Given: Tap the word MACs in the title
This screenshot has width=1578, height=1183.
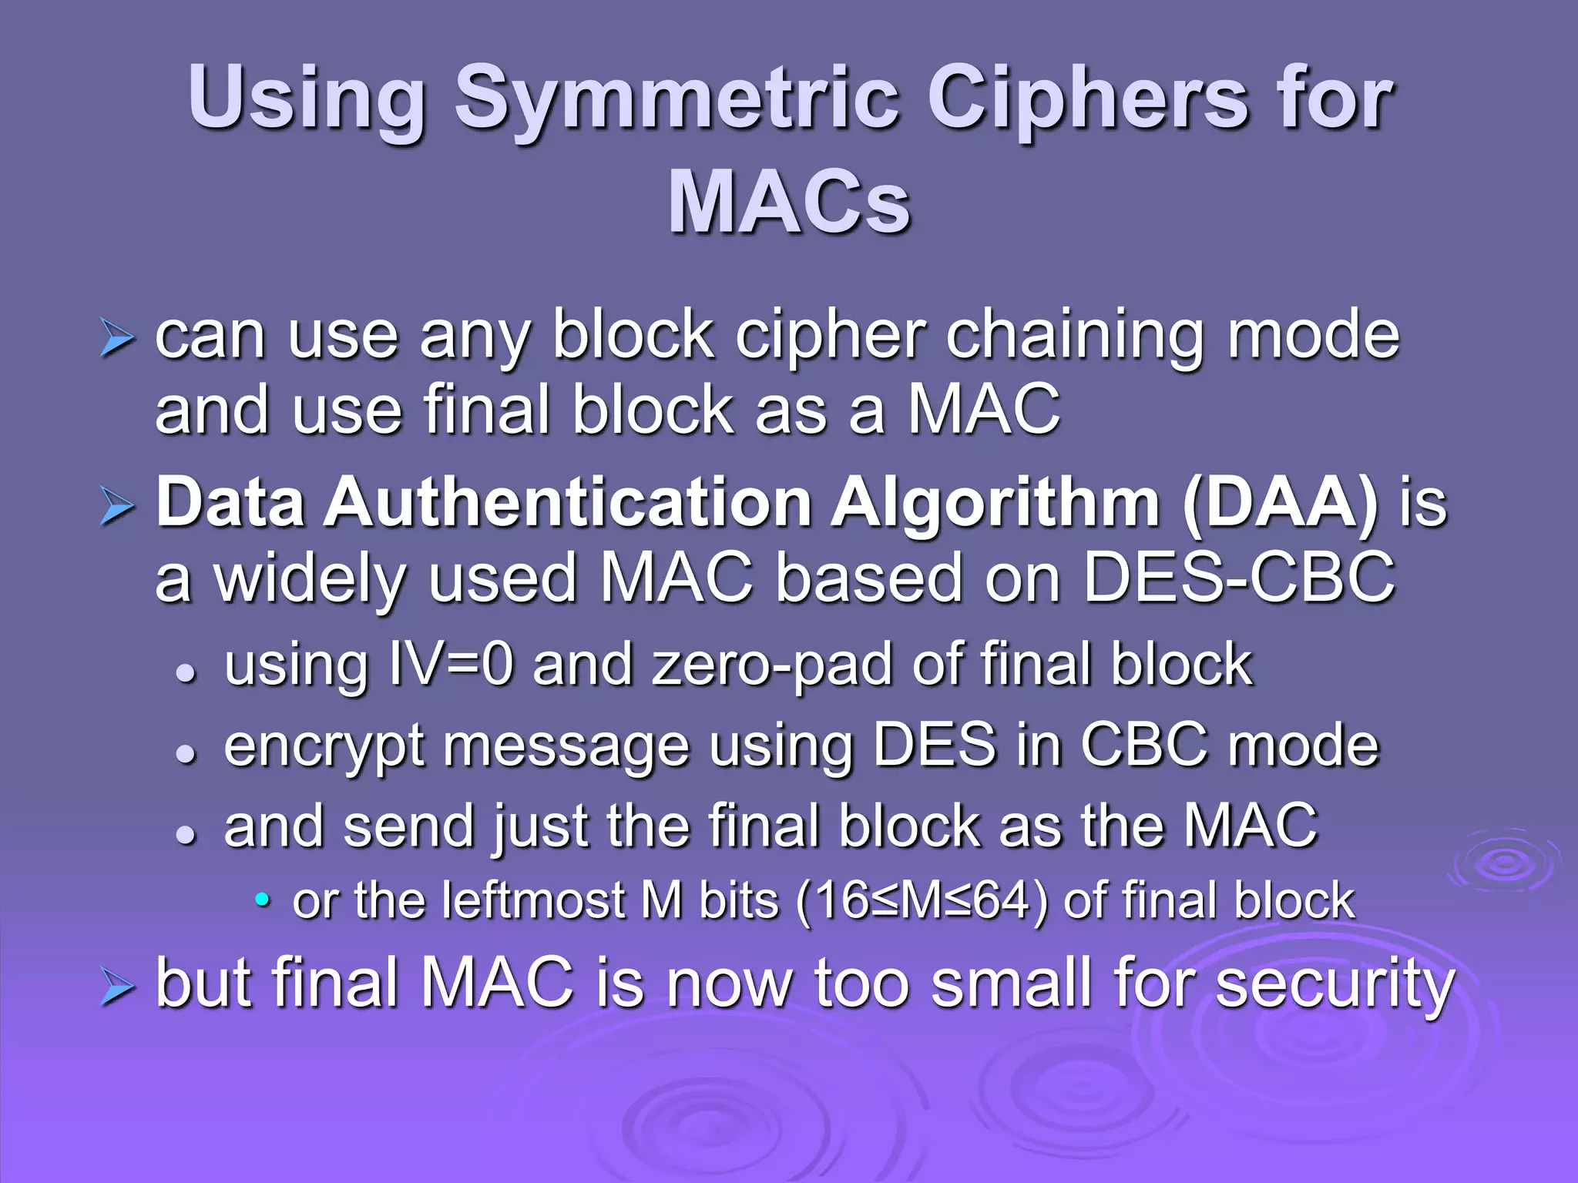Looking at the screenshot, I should [789, 202].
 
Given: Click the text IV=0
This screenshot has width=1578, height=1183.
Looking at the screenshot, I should [450, 664].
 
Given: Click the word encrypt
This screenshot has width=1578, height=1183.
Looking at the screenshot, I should [324, 747].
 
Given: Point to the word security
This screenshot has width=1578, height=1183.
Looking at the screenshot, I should [1334, 985].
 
